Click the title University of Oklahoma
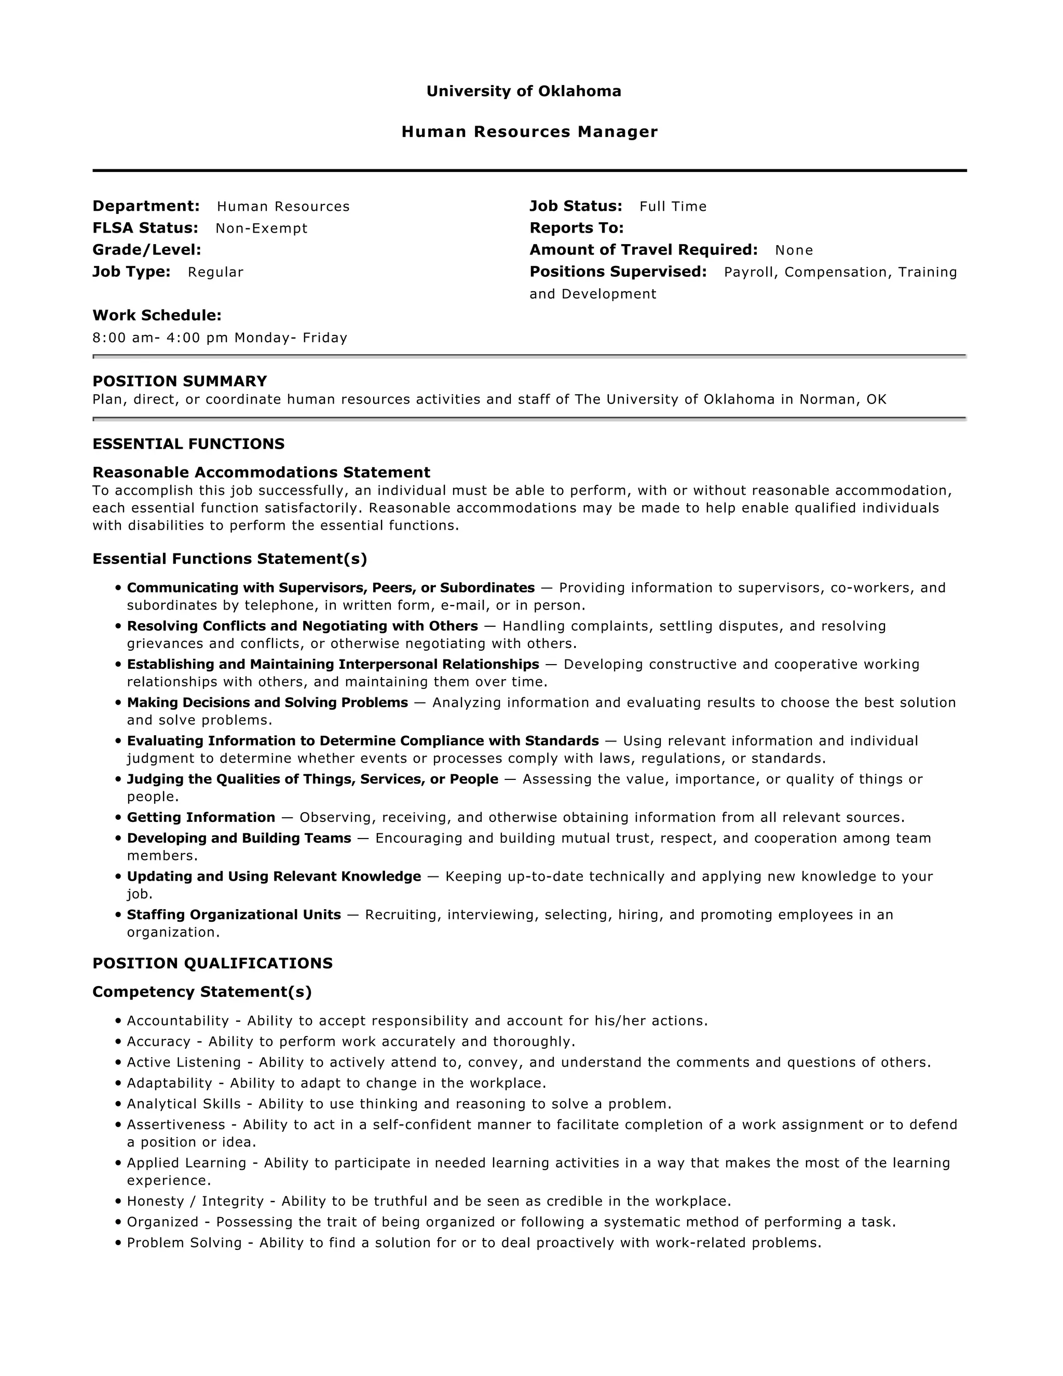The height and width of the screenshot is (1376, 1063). click(x=523, y=91)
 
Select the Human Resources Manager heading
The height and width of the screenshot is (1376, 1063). click(x=529, y=132)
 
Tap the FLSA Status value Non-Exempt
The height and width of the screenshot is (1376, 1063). click(x=262, y=228)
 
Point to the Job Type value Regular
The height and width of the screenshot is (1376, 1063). click(x=215, y=272)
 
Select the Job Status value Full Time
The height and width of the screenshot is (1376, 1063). click(x=673, y=207)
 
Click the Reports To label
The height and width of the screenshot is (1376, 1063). click(x=576, y=228)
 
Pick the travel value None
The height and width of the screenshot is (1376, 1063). click(x=794, y=250)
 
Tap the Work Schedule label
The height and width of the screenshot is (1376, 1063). click(x=157, y=316)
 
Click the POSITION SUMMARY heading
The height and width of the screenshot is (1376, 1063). click(x=180, y=381)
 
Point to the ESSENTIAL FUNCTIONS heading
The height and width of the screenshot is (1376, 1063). click(x=188, y=444)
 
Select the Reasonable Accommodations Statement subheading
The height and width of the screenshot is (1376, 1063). click(x=262, y=473)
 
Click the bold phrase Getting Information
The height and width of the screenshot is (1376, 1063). click(x=201, y=818)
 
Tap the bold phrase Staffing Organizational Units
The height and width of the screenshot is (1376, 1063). click(x=234, y=915)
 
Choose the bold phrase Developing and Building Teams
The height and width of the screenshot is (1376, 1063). click(x=239, y=839)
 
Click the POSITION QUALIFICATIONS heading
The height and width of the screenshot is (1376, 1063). click(x=212, y=963)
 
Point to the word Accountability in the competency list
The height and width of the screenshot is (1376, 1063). click(x=178, y=1021)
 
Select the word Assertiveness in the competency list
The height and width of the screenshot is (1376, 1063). click(x=176, y=1125)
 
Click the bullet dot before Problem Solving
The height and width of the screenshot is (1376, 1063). click(x=118, y=1243)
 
